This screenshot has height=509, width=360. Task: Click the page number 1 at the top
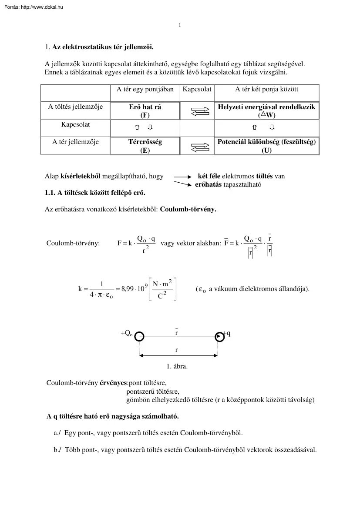pos(180,25)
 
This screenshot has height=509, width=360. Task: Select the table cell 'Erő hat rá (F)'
pos(145,111)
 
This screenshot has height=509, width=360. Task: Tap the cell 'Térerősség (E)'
pos(145,146)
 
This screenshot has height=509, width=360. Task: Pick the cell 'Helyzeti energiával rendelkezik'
pos(267,111)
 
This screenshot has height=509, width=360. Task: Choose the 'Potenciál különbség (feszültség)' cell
pos(267,146)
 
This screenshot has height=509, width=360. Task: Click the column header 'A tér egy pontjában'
pos(145,89)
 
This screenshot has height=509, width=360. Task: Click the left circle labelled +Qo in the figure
pos(139,336)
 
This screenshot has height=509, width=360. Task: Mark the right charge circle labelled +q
pos(219,336)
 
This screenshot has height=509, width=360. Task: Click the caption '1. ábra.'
pos(177,366)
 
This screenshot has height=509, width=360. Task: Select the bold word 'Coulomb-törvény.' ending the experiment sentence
pos(188,209)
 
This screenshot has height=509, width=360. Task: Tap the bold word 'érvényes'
pos(112,383)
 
